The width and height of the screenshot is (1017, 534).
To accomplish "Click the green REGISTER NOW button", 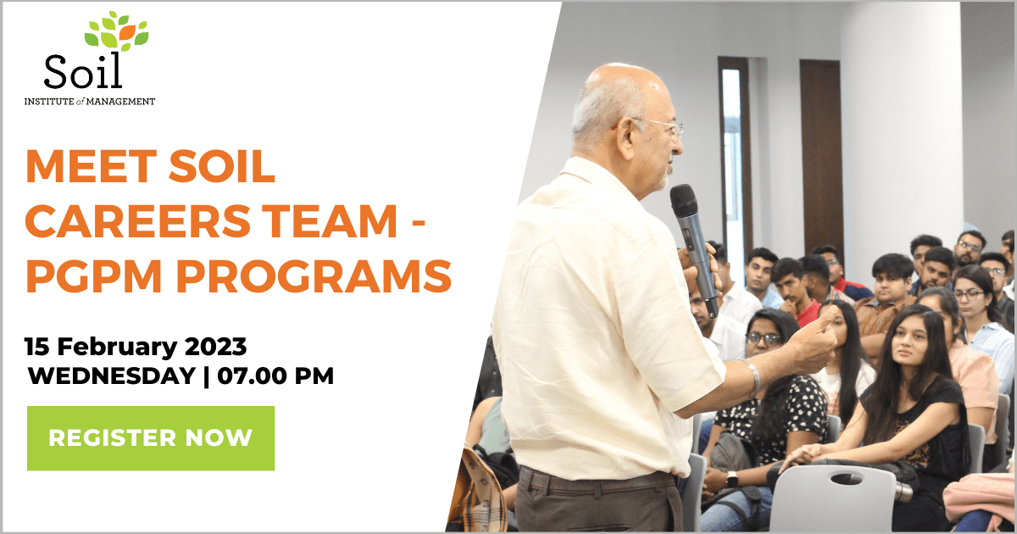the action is coord(151,438).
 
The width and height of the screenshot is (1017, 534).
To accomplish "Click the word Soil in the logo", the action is coord(83,71).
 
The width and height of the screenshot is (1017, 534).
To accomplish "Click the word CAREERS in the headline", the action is coord(138,221).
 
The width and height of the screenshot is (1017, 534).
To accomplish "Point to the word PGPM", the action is coord(94,276).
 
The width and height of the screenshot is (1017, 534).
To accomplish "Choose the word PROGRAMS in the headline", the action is coord(314,276).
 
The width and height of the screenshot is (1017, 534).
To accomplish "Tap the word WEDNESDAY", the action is coord(112,376).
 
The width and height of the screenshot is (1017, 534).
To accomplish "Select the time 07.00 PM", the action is coord(275,376).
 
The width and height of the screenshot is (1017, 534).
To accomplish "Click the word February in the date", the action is coord(117,348).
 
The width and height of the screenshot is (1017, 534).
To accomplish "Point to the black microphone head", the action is coord(683,199).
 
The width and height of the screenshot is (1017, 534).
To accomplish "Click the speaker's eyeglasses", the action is coord(660,126).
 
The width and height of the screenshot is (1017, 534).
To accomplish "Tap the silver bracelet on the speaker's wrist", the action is coord(752,378).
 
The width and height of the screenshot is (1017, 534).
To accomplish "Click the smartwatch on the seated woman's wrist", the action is coord(731,479).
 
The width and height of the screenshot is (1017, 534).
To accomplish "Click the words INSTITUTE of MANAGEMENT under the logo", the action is coord(90,102).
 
